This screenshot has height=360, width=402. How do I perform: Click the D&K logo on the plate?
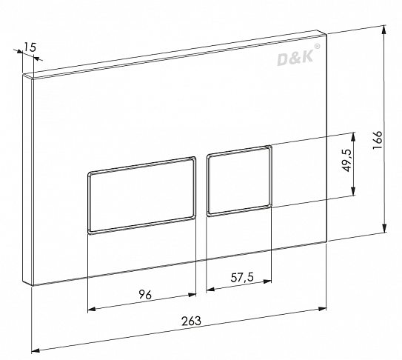coord(295,58)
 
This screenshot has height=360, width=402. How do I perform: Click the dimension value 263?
coord(191,321)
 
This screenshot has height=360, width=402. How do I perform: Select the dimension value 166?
coord(377,140)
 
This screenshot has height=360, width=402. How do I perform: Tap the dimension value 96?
coord(145,295)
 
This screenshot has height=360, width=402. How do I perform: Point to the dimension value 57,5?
coord(242,277)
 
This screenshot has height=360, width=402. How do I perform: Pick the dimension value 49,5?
coord(347,161)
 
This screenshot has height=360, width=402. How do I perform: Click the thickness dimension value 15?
coord(30,47)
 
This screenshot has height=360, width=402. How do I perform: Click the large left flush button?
coord(142,196)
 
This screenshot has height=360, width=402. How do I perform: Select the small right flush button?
coord(239,181)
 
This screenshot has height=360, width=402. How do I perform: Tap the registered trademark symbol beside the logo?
coord(318,47)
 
